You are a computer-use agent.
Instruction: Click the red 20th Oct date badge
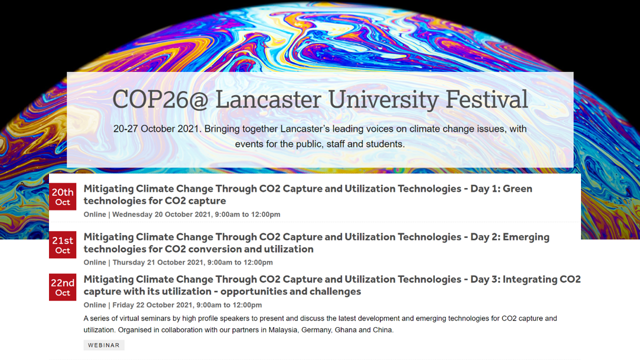[62, 196]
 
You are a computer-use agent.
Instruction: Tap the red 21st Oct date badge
[62, 245]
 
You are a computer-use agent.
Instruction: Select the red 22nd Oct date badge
[62, 287]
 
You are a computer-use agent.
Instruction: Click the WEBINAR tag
[104, 345]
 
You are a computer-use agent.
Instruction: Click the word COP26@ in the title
[160, 99]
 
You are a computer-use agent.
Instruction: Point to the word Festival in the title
[486, 99]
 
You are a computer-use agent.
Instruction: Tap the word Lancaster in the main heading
[268, 99]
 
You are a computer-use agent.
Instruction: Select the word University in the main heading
[383, 100]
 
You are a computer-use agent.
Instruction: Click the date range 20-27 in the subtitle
[125, 128]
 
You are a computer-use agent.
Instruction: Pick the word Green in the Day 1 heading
[517, 188]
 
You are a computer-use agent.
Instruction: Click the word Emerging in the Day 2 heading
[526, 237]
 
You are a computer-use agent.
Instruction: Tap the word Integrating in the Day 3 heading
[528, 279]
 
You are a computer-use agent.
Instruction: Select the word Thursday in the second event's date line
[129, 262]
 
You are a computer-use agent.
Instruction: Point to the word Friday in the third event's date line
[123, 305]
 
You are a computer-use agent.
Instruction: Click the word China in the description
[383, 330]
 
